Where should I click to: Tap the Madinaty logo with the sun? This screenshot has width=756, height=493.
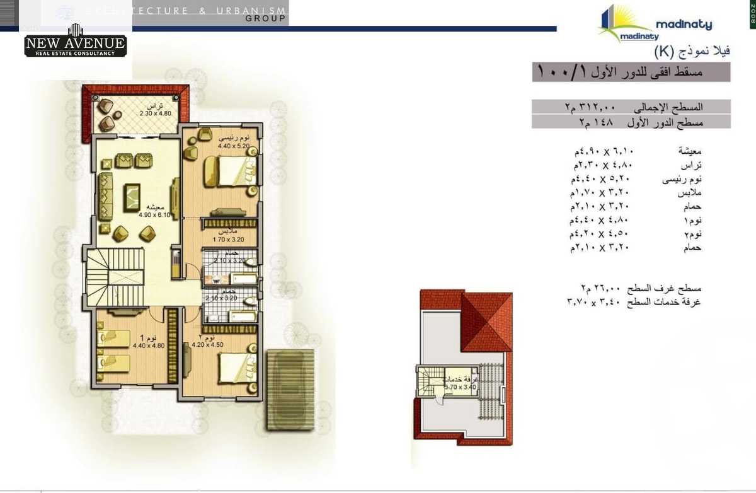pos(655,25)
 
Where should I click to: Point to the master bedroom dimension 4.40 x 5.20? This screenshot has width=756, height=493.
pos(233,146)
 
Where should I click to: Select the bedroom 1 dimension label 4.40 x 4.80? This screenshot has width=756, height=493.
pos(149,345)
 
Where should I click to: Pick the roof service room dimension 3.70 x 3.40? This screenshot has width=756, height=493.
pos(460,387)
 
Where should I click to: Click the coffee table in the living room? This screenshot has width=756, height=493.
pos(132,197)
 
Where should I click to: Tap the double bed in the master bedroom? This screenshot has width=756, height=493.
pos(231,171)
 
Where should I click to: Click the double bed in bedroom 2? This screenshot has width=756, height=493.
pos(235,367)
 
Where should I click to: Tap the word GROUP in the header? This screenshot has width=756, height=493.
pos(266,19)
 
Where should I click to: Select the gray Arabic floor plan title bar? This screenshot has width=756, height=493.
pos(630,72)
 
